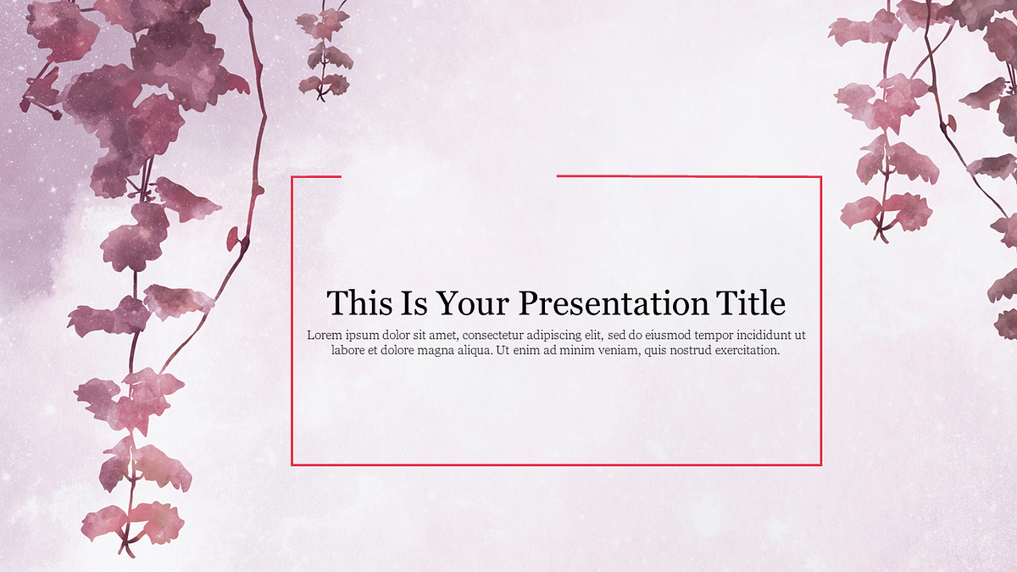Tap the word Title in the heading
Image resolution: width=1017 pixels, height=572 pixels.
click(x=751, y=303)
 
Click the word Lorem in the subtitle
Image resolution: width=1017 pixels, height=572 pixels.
click(x=325, y=335)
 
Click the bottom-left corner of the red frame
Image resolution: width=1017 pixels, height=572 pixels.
click(x=292, y=464)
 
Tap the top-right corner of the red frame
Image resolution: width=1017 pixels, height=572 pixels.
click(x=821, y=177)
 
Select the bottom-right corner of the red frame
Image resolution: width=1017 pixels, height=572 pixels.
click(x=821, y=464)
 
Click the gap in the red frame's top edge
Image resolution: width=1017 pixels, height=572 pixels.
click(x=449, y=177)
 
